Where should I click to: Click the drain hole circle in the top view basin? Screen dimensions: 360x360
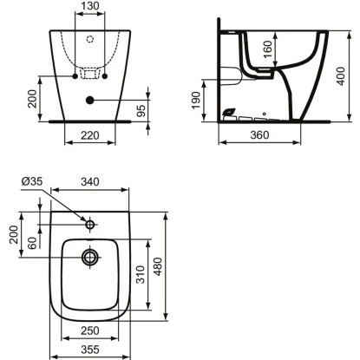90,257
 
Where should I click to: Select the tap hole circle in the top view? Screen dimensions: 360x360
90,225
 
